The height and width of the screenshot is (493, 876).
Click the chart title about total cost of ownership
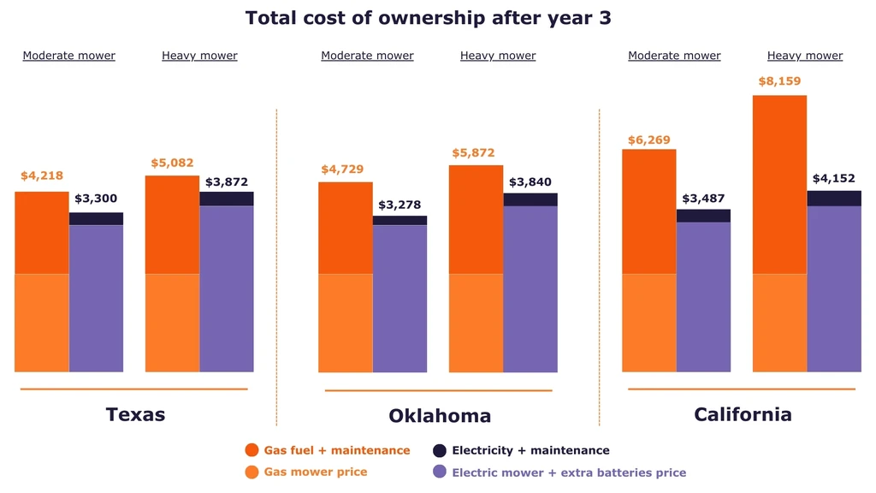pyautogui.click(x=428, y=18)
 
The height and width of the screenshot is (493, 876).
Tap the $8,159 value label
pyautogui.click(x=778, y=81)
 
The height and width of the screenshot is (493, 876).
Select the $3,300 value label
pyautogui.click(x=96, y=199)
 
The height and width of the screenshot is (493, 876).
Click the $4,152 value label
pyautogui.click(x=833, y=178)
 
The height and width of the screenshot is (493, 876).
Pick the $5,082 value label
pyautogui.click(x=172, y=163)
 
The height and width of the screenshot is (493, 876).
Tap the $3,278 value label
pyautogui.click(x=400, y=205)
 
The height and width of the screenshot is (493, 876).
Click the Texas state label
pyautogui.click(x=135, y=414)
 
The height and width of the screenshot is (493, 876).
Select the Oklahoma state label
pyautogui.click(x=440, y=416)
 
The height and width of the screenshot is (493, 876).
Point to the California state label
pyautogui.click(x=743, y=414)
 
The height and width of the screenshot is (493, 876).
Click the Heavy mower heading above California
pyautogui.click(x=804, y=56)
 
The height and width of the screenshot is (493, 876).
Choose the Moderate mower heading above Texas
pyautogui.click(x=68, y=56)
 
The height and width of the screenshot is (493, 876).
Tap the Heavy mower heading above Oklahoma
pyautogui.click(x=498, y=56)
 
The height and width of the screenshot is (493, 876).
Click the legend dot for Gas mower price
pyautogui.click(x=252, y=472)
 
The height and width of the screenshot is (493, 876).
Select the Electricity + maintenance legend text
pyautogui.click(x=530, y=450)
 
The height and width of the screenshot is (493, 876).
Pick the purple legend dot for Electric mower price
pyautogui.click(x=440, y=472)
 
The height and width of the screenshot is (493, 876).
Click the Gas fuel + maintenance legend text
pyautogui.click(x=337, y=450)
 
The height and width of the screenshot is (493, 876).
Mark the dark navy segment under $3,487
pyautogui.click(x=703, y=216)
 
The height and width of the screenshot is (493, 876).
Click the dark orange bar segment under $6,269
pyautogui.click(x=648, y=211)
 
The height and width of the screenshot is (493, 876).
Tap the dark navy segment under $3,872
pyautogui.click(x=227, y=199)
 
